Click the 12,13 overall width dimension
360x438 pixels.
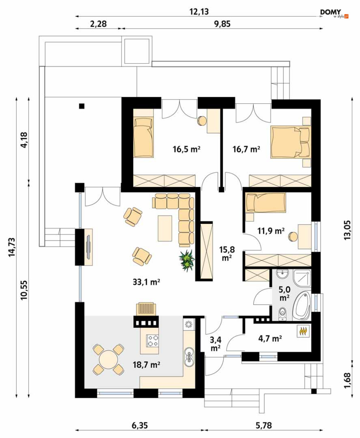point(199,12)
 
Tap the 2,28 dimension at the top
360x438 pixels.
point(98,24)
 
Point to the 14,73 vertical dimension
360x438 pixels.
point(12,247)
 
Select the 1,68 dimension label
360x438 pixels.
point(347,380)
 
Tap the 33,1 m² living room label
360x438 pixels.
point(146,282)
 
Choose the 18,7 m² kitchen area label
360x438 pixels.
point(146,365)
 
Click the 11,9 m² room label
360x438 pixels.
point(271,231)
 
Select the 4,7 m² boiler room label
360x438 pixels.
point(270,339)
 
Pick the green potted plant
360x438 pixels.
point(187,261)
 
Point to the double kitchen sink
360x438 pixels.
point(189,356)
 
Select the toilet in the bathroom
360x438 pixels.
point(282,312)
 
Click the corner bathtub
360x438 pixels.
point(302,306)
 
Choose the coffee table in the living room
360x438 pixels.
point(165,228)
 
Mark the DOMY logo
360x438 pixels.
point(334,14)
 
